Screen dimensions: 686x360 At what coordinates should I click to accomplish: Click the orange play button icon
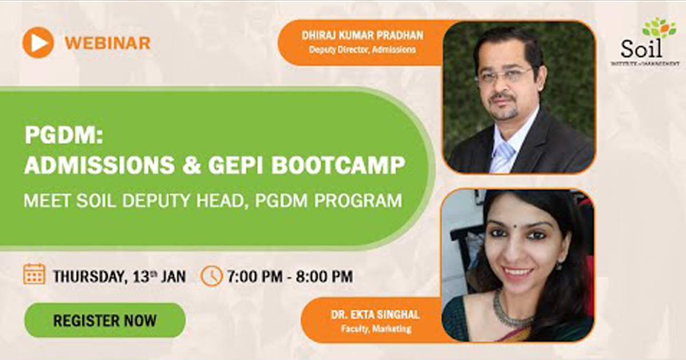tap(38, 42)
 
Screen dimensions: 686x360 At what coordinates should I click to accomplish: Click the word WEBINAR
tap(107, 43)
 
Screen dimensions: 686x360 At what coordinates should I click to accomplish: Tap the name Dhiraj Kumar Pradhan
tap(362, 35)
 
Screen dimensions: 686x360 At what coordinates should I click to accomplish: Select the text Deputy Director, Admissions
tap(362, 50)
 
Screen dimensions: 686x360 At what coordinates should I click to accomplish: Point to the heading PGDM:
tap(63, 135)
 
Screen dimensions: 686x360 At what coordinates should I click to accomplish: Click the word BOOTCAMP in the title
tap(338, 165)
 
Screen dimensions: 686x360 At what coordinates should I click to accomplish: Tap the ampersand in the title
tap(192, 165)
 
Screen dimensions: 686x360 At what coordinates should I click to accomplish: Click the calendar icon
tap(34, 274)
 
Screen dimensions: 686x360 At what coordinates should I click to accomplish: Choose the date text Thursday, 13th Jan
tap(119, 277)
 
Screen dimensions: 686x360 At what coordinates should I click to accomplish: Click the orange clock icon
tap(212, 276)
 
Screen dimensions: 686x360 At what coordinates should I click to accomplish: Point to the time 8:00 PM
tap(324, 277)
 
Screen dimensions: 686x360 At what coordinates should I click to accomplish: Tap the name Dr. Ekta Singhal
tap(375, 315)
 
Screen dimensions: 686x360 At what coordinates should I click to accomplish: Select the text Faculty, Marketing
tap(376, 329)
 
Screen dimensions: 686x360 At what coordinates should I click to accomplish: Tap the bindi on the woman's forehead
tap(515, 227)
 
